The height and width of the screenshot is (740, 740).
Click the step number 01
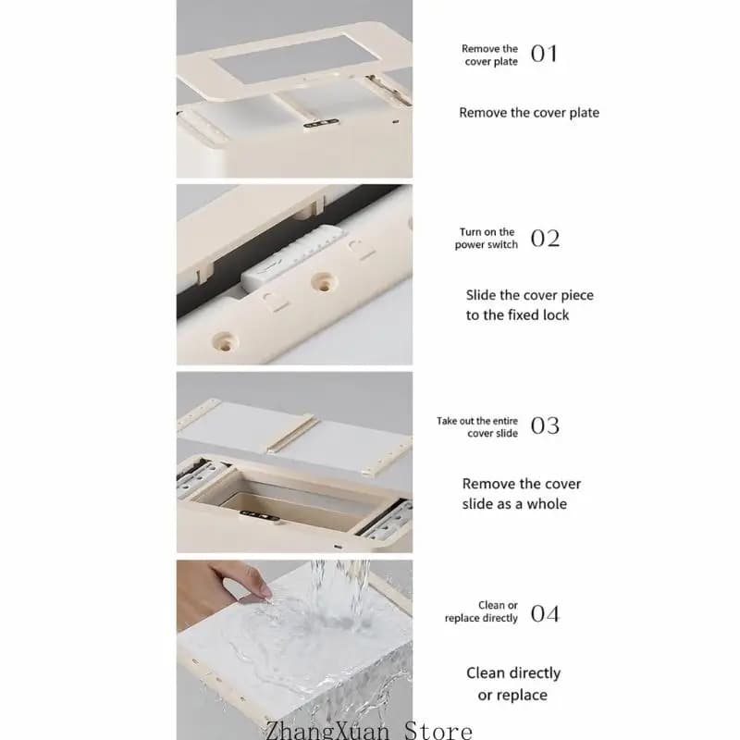coord(544,54)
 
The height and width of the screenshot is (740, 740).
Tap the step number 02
coord(545,239)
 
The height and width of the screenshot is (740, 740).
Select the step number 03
coord(545,425)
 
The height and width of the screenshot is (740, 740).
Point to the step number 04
coord(545,613)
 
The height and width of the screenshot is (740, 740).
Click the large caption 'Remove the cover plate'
coord(529,113)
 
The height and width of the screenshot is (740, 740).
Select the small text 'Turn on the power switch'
coord(487,239)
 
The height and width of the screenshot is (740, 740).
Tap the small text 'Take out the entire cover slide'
coord(477,427)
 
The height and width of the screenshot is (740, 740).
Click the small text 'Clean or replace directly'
coord(481,611)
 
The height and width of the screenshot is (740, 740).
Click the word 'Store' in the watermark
coord(438,731)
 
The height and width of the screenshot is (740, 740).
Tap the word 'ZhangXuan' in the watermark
coord(327,731)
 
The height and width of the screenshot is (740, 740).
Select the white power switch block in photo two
coord(291,259)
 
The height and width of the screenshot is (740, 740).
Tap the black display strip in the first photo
coord(321,124)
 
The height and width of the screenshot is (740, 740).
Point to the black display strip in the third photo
coord(259,516)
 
